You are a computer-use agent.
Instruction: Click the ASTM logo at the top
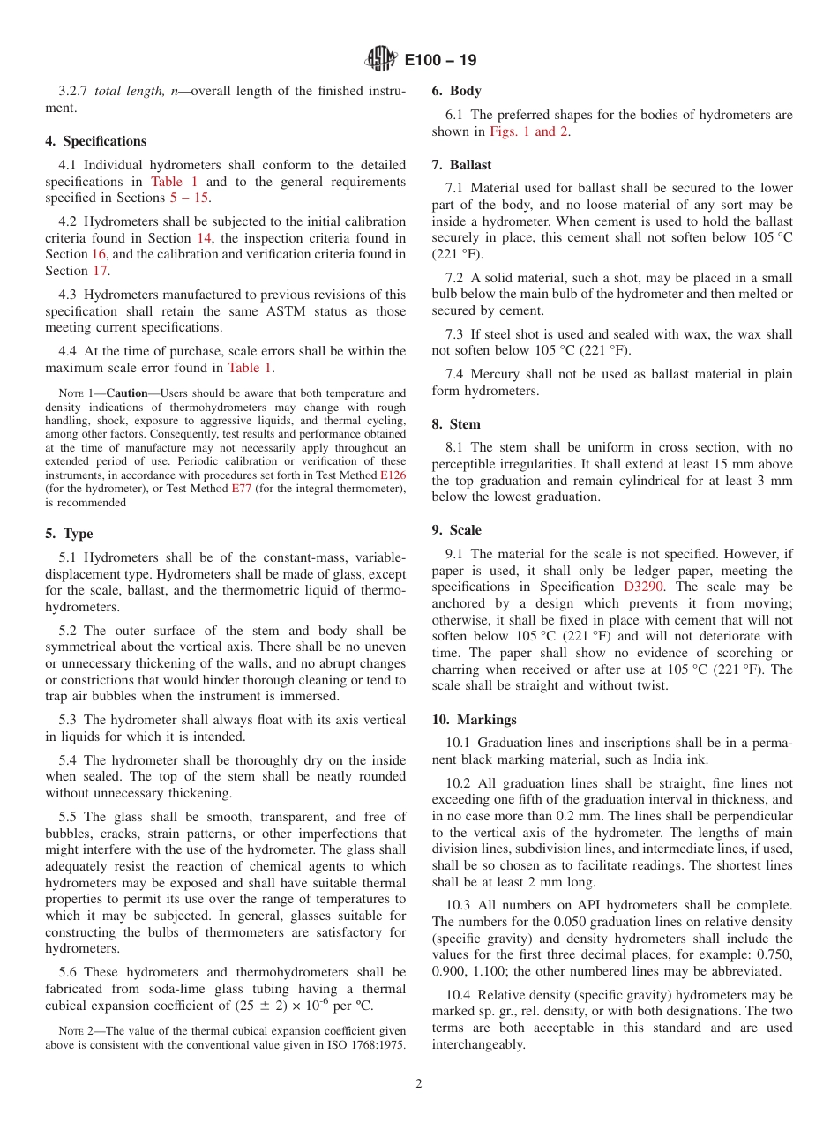[381, 60]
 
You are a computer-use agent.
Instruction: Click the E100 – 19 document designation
[441, 61]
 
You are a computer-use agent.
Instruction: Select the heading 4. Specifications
[96, 141]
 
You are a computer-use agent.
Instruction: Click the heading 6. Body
[456, 91]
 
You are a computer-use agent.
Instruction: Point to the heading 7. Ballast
[461, 165]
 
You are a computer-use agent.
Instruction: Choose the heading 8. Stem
[456, 424]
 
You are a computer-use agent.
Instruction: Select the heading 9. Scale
[456, 530]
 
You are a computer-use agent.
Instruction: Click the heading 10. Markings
[474, 720]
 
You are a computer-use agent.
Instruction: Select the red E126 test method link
[393, 475]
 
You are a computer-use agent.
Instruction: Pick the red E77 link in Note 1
[242, 489]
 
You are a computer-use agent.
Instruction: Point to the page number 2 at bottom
[419, 1084]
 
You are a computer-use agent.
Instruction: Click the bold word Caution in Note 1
[127, 393]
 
